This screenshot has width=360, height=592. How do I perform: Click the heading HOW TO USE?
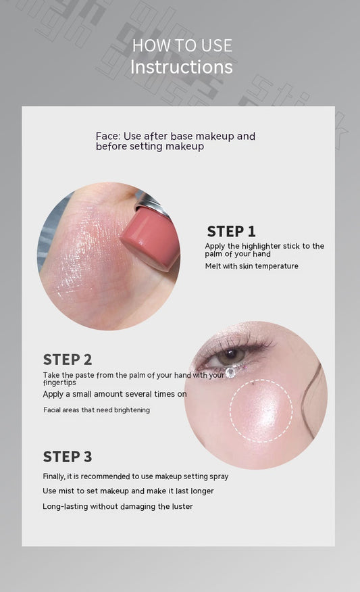click(x=182, y=46)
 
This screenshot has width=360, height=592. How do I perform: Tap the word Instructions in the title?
click(x=181, y=67)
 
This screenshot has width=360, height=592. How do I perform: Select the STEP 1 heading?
click(x=231, y=231)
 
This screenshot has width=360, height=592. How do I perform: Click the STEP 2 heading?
click(x=68, y=360)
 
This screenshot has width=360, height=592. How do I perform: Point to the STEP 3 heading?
click(x=68, y=456)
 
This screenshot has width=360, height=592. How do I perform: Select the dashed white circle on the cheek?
click(x=261, y=410)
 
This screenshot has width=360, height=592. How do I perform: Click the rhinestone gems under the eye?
click(x=232, y=372)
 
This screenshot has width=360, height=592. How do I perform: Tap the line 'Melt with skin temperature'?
click(x=251, y=266)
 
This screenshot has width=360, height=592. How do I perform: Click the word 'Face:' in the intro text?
click(x=108, y=137)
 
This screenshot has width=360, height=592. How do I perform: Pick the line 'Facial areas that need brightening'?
click(x=97, y=410)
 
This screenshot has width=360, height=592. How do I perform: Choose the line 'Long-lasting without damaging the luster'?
click(x=118, y=506)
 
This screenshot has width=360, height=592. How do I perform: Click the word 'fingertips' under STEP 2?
click(x=59, y=383)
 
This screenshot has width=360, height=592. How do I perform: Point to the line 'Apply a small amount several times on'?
click(x=115, y=394)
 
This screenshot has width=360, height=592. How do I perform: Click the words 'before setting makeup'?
click(x=149, y=147)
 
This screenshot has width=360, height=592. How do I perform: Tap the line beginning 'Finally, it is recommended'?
click(x=135, y=476)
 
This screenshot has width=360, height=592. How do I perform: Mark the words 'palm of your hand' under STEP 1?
click(x=238, y=254)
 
